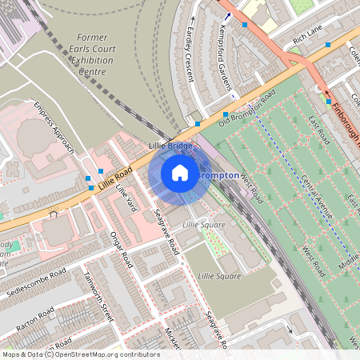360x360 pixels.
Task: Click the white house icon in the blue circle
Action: click(180, 173)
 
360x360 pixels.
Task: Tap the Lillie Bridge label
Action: click(170, 146)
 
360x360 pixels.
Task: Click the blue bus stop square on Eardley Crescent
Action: click(198, 124)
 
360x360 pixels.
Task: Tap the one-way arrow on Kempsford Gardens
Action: click(227, 15)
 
